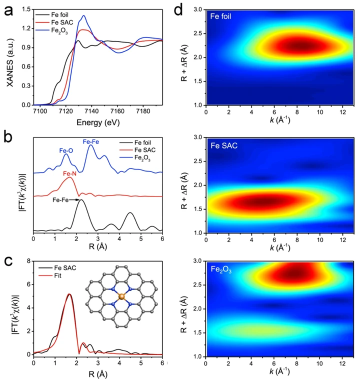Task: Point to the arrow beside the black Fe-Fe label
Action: point(74,200)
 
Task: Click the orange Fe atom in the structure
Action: point(121,297)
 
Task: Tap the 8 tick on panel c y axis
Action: point(28,260)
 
